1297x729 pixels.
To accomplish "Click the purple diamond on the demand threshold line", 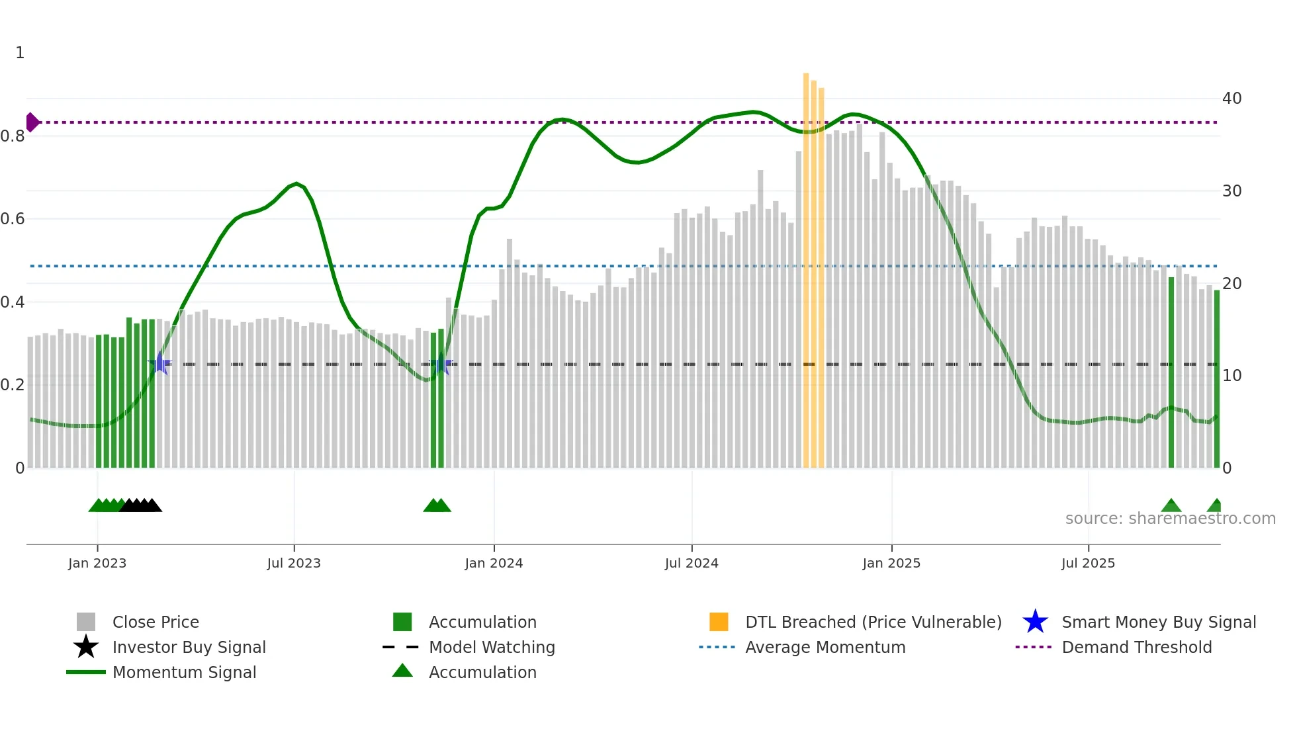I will [32, 122].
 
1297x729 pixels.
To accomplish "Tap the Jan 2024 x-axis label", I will [494, 564].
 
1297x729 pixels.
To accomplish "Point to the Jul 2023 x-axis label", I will [294, 564].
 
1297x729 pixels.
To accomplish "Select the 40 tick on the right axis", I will [1231, 99].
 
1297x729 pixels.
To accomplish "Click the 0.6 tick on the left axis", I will [13, 219].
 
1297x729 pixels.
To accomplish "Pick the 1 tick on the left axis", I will [20, 53].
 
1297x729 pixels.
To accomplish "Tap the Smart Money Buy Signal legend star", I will [1035, 622].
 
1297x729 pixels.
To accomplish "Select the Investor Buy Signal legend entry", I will [189, 647].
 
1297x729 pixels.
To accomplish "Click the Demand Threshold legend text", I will [1136, 647].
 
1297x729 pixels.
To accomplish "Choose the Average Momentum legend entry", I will [825, 647].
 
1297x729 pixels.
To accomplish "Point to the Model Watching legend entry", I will [491, 647].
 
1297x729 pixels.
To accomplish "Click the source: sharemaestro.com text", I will [1170, 519].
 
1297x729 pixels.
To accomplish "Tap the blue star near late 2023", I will [441, 364].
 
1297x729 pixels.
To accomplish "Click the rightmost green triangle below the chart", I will [1215, 506].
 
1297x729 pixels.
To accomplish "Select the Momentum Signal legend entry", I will [184, 672].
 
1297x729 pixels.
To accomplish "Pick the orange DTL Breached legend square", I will [719, 622].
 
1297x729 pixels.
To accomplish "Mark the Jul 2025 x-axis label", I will [1088, 564].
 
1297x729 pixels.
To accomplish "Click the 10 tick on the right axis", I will [1231, 376].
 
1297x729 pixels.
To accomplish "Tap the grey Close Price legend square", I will [86, 622].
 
